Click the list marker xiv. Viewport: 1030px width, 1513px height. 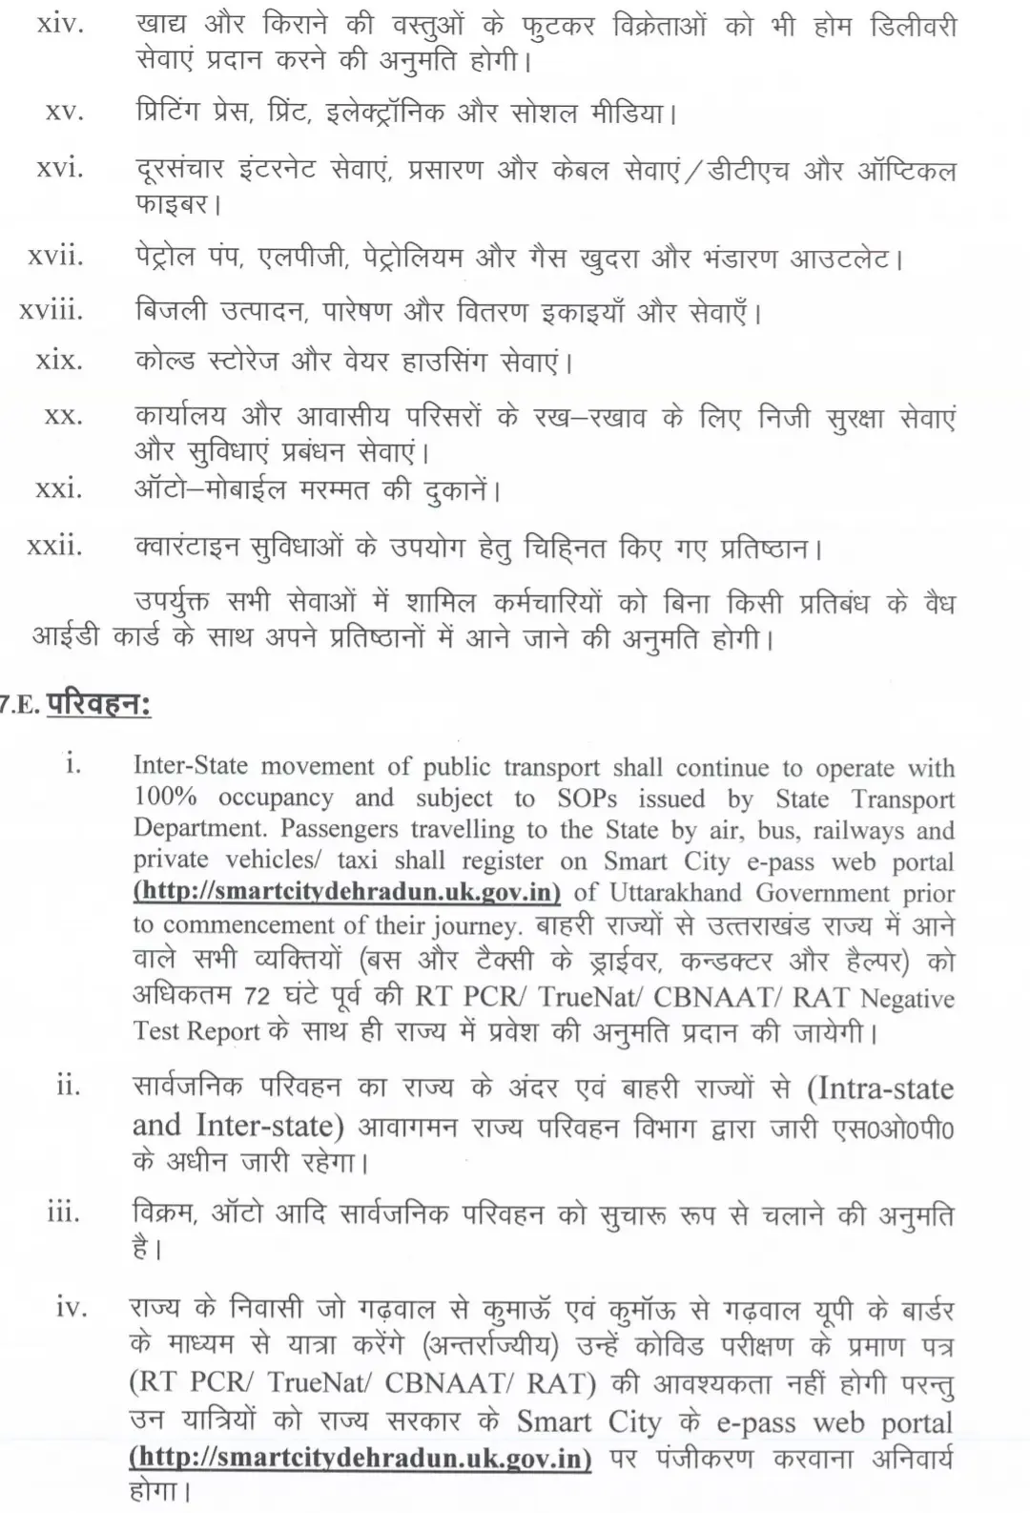point(60,25)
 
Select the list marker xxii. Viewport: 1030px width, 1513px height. point(54,546)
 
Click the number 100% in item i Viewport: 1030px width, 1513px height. point(166,797)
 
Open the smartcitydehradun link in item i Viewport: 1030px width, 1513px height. point(347,893)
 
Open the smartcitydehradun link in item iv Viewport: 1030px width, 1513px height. point(360,1460)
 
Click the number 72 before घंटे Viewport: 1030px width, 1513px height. point(257,996)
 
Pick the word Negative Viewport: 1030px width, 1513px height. point(906,998)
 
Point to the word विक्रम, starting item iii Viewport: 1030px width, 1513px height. point(164,1215)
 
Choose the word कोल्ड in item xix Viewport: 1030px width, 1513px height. point(164,362)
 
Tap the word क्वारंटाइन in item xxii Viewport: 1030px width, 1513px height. point(186,549)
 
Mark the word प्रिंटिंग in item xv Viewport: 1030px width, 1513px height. point(167,114)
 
